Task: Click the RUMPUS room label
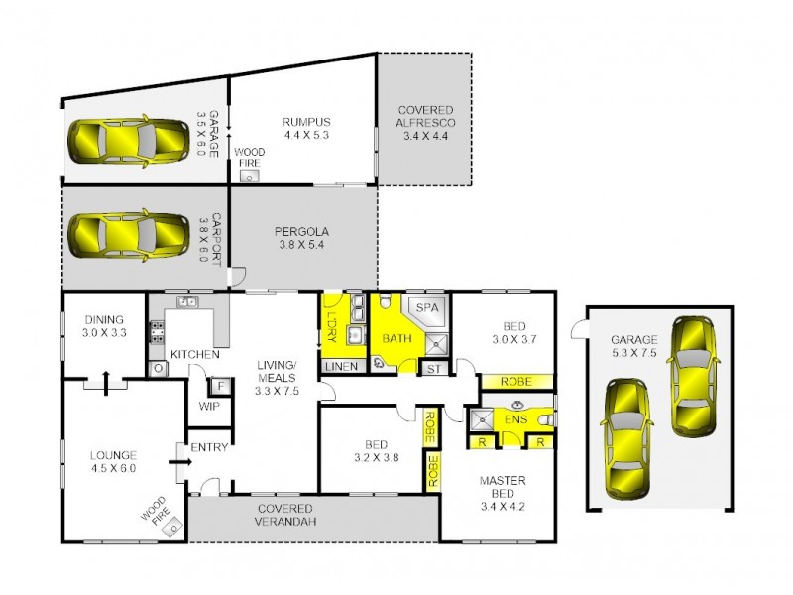(x=304, y=121)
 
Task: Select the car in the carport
(x=129, y=235)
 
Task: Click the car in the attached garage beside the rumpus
(x=129, y=142)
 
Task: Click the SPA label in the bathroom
(x=426, y=308)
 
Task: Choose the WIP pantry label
(x=209, y=405)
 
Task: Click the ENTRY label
(x=209, y=447)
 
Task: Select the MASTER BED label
(x=503, y=481)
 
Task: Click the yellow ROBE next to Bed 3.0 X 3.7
(x=515, y=381)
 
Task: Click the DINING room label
(x=104, y=319)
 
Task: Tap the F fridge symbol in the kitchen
(x=219, y=385)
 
